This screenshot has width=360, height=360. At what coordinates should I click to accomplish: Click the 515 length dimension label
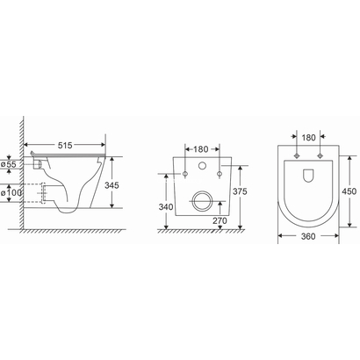tap(65, 145)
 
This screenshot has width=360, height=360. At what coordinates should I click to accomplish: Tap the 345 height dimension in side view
tap(112, 185)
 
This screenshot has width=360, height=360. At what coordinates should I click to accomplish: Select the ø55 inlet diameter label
tap(9, 164)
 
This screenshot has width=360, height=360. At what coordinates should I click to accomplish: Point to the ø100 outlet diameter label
tap(11, 193)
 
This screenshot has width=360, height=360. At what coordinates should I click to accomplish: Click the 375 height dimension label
tap(240, 191)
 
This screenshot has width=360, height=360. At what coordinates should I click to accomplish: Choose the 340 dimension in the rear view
tap(166, 207)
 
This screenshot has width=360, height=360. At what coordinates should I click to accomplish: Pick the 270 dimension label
tap(220, 220)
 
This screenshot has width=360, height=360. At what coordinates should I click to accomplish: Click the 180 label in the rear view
tap(201, 149)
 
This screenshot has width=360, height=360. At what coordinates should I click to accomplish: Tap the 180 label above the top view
tap(308, 137)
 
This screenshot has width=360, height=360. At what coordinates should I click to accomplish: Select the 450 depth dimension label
tap(349, 191)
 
